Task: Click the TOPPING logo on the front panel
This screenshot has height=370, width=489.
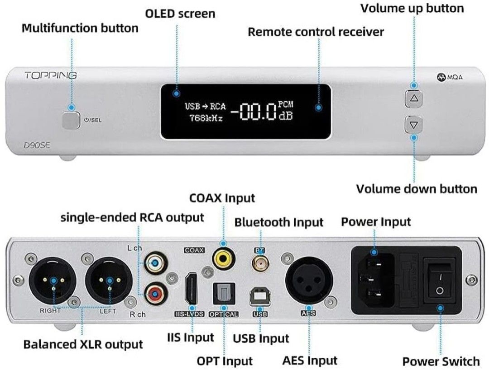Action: point(50,75)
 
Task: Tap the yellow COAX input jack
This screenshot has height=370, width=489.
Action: point(223,258)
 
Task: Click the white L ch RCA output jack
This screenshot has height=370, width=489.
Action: point(154,262)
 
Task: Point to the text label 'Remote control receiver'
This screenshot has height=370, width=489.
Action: point(316,32)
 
